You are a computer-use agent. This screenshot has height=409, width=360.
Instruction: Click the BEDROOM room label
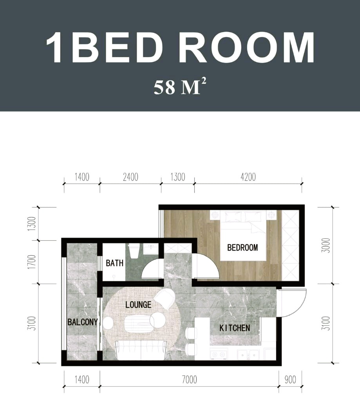point(242,247)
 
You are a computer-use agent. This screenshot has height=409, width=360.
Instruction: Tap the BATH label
point(115,263)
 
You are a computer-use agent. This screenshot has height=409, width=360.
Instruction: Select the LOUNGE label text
point(138,304)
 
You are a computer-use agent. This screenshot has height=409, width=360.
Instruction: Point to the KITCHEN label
point(235,328)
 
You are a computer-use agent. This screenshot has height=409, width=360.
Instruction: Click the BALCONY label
point(83,322)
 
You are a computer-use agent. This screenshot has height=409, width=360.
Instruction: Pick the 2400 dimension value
point(130,177)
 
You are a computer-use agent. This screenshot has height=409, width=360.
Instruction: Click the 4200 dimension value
point(248,177)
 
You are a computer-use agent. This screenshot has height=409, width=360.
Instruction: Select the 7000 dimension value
point(189,380)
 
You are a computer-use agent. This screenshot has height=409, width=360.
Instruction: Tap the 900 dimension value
point(290,380)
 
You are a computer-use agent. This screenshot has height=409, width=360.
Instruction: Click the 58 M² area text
point(180,87)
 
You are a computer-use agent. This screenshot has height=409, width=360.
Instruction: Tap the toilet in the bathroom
point(134,251)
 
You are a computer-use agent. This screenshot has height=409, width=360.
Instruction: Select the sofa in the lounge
point(141,350)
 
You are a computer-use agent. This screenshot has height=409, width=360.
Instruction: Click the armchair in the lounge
point(165,299)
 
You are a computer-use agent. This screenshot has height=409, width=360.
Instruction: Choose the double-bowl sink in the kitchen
point(248,355)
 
